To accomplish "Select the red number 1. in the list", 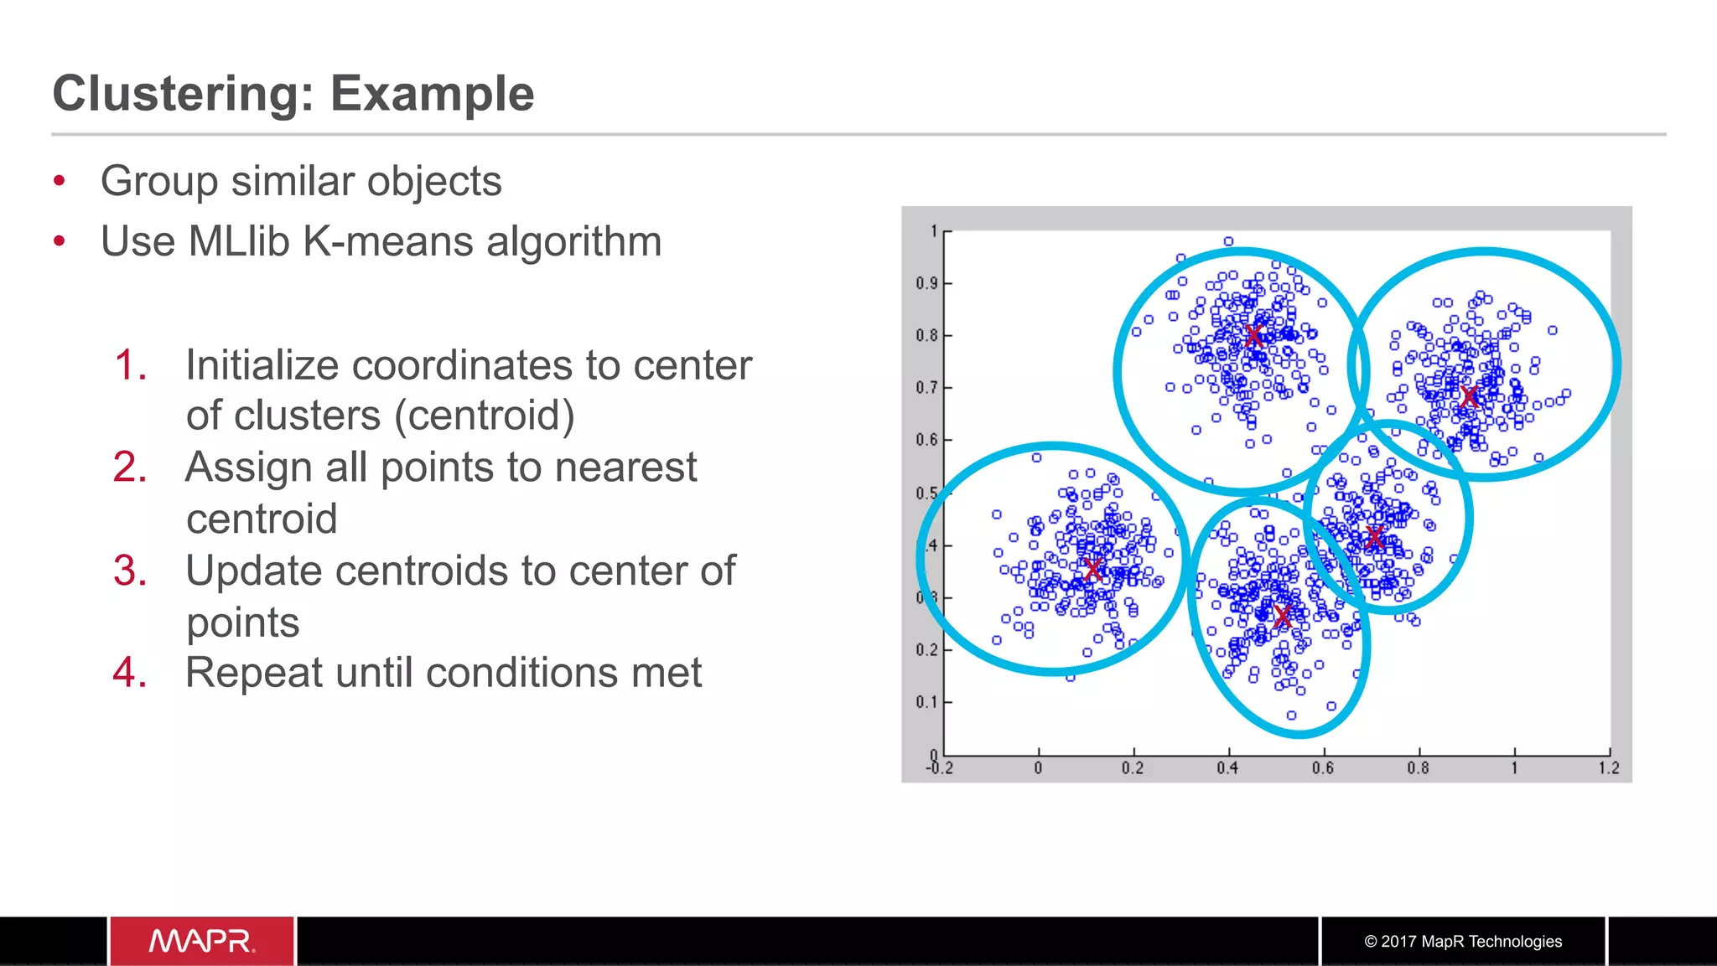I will click(x=130, y=365).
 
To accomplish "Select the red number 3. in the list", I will click(x=130, y=571).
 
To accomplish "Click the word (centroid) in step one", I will click(x=485, y=416).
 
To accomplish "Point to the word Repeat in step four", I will click(x=253, y=673).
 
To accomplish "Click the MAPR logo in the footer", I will click(x=201, y=942).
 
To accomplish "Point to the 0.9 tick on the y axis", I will click(x=926, y=283).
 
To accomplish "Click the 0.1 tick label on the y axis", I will click(x=926, y=702).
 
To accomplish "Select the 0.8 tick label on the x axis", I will click(x=1418, y=768).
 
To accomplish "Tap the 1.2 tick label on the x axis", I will click(x=1608, y=768).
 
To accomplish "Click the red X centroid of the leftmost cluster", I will click(x=1092, y=570).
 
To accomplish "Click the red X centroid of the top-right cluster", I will click(x=1469, y=397).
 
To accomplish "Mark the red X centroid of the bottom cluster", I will click(x=1282, y=617).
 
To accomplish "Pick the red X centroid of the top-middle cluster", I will click(x=1253, y=336).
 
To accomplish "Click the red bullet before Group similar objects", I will click(x=59, y=181).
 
